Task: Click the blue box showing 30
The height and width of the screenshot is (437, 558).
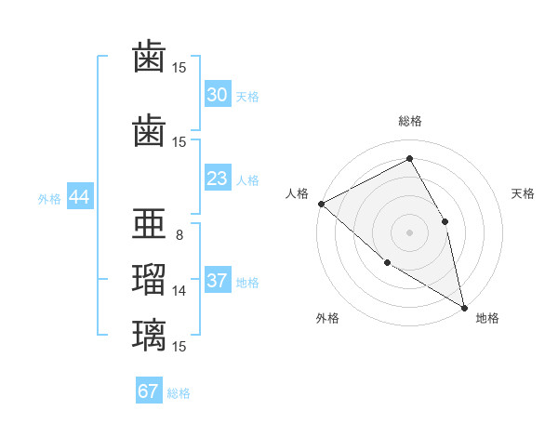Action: [x=218, y=94]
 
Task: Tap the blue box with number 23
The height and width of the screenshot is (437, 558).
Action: [x=218, y=178]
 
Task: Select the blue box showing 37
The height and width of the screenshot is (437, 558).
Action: [x=218, y=279]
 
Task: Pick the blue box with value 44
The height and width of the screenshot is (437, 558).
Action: [x=80, y=196]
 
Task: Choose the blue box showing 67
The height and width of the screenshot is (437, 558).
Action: [x=149, y=390]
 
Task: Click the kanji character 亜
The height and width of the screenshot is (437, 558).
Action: [x=149, y=223]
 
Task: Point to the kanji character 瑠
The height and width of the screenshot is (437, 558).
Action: [x=149, y=279]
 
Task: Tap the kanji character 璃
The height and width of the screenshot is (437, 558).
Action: [x=149, y=336]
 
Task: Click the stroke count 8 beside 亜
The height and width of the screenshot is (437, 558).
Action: [x=179, y=235]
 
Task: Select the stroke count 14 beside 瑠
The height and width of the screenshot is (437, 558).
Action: [x=179, y=291]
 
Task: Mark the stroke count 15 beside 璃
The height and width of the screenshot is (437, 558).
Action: [x=179, y=346]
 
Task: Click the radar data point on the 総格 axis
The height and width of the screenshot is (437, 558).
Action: [x=409, y=158]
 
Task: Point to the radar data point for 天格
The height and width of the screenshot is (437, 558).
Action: [x=445, y=221]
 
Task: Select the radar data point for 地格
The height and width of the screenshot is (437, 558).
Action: [x=464, y=308]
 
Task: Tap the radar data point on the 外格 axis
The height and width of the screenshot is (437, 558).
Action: [x=387, y=263]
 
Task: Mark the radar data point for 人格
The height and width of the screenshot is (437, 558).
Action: [x=322, y=204]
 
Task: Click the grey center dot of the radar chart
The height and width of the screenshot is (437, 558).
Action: [x=409, y=232]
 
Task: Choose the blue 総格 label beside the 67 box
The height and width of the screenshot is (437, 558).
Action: [x=179, y=393]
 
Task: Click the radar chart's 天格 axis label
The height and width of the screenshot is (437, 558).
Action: [x=523, y=193]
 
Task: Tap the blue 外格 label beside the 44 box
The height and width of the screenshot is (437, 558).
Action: [x=49, y=199]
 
